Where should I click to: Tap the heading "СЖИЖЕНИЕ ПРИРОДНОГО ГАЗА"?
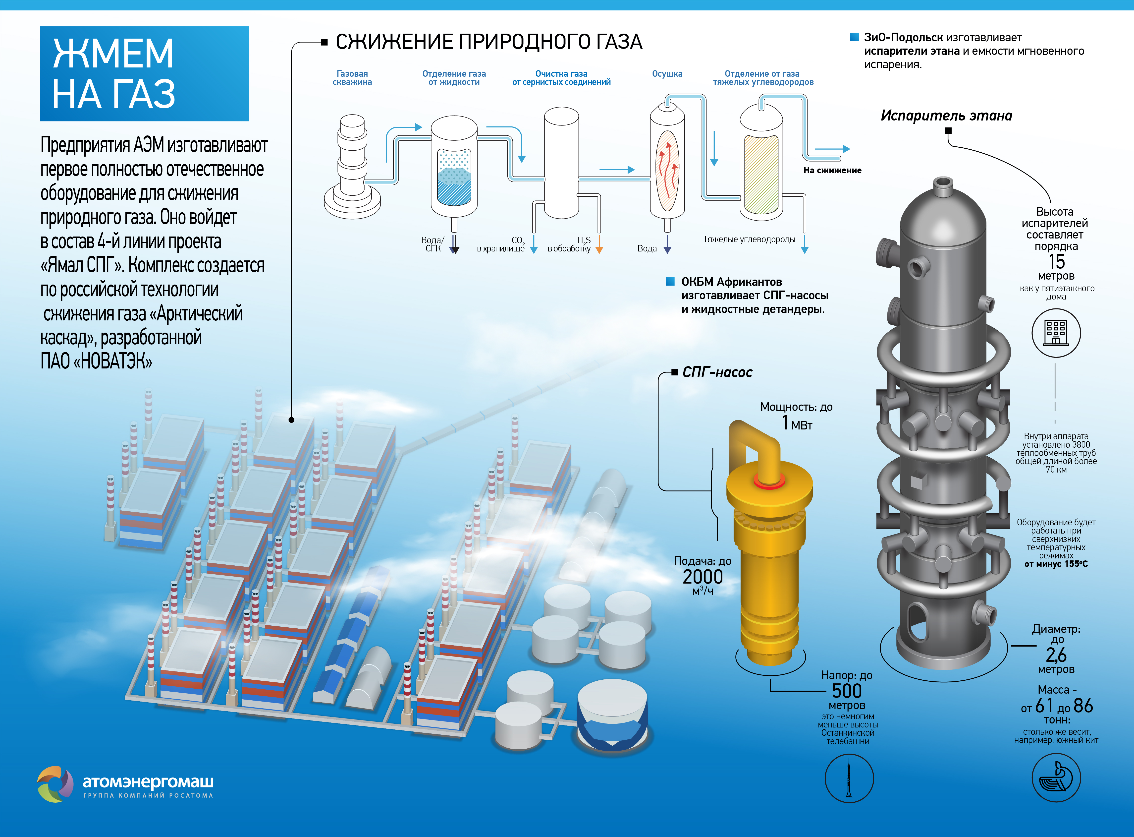click(489, 42)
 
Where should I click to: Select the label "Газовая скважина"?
click(352, 77)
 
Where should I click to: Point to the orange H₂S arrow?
click(599, 244)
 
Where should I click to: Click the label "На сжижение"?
click(832, 170)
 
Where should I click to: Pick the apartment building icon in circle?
click(1056, 333)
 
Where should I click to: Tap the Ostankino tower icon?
click(849, 778)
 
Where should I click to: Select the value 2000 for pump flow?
click(702, 577)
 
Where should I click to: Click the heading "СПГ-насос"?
click(717, 372)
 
